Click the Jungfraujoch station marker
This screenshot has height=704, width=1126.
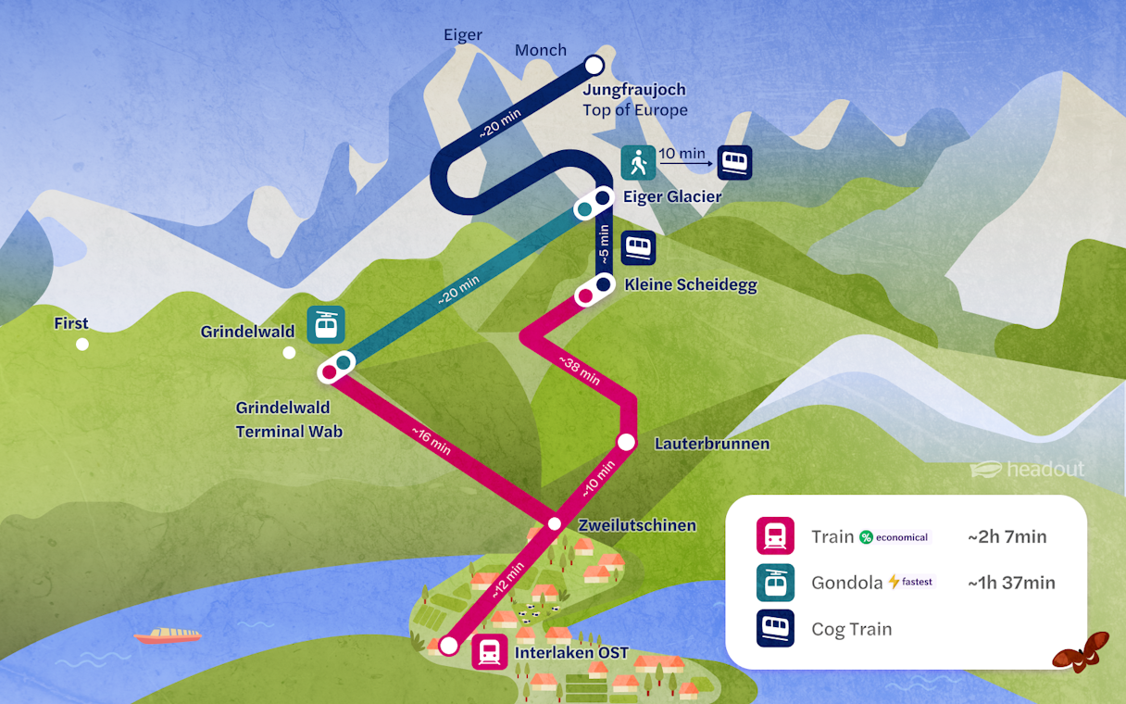point(594,65)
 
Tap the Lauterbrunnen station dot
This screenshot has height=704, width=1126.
point(626,442)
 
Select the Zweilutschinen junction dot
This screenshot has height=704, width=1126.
point(554,524)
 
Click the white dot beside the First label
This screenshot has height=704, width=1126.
point(82,345)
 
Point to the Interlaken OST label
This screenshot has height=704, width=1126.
point(571,653)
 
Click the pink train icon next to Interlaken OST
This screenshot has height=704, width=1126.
point(489,651)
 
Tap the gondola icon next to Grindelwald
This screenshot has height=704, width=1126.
point(325,324)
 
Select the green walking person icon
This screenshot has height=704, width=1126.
point(638,163)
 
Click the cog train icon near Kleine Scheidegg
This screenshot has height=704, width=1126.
point(638,247)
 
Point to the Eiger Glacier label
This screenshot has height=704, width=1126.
point(672,196)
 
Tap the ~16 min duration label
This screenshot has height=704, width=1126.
point(431,438)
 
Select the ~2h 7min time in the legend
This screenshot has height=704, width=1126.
point(1007,536)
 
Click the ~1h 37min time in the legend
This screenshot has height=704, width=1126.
point(1011,583)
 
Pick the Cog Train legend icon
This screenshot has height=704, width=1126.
point(775,629)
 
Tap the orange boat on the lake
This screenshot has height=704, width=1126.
point(168,635)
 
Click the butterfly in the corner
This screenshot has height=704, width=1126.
point(1081,651)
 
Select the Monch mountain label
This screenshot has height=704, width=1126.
point(541,50)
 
